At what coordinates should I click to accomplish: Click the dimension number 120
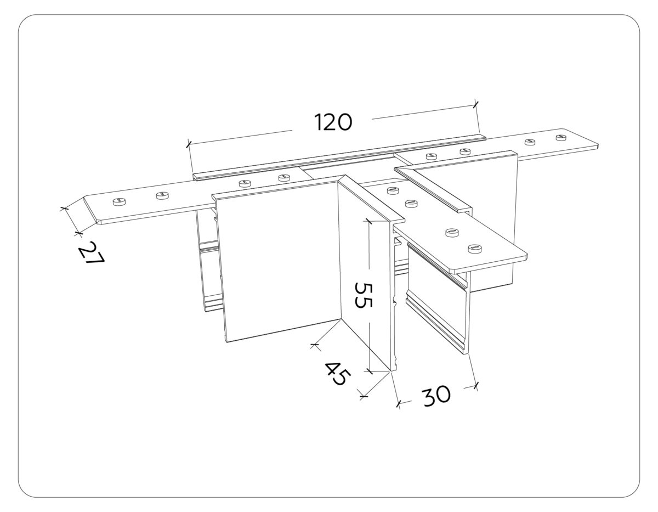click(x=333, y=122)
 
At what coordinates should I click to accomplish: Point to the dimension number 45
click(x=336, y=373)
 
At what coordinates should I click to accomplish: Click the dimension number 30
click(x=436, y=395)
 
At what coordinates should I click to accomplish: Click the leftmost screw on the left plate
click(x=118, y=202)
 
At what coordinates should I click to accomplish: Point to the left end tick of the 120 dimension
click(x=188, y=144)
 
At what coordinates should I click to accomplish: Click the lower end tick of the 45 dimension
click(x=362, y=393)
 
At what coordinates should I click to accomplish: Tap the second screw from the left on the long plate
click(x=162, y=195)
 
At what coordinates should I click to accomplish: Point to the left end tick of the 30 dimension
click(x=399, y=404)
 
